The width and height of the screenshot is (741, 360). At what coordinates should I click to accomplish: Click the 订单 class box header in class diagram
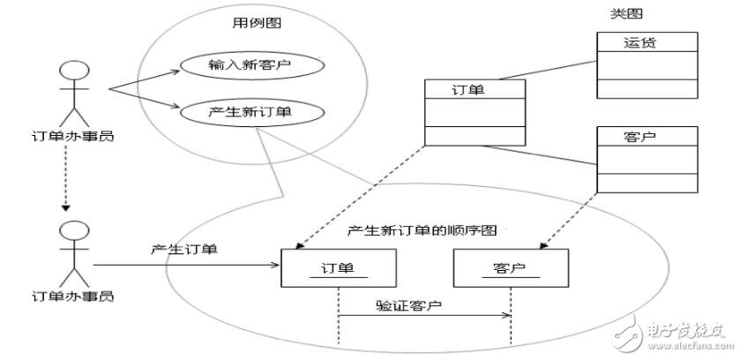point(475,89)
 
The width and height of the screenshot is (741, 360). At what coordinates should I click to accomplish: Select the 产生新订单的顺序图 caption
point(423,230)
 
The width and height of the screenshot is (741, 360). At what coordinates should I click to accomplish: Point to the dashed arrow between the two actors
point(67,181)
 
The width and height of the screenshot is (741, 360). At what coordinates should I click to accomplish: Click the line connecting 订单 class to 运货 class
point(561,68)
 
